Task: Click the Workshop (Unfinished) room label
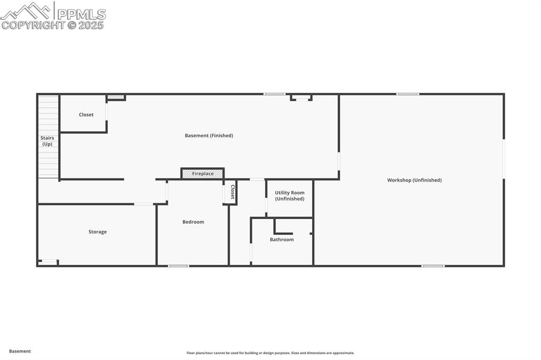click(x=414, y=180)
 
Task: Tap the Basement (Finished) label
click(x=209, y=136)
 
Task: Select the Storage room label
click(x=98, y=232)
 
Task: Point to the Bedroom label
click(x=193, y=222)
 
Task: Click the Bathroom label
click(x=282, y=240)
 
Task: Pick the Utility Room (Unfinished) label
click(x=290, y=196)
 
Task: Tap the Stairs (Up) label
click(x=48, y=141)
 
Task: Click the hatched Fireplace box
click(x=203, y=174)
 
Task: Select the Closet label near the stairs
click(x=86, y=115)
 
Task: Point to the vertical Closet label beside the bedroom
click(x=232, y=192)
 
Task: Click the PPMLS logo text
click(x=81, y=14)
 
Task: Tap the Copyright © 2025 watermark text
click(x=52, y=25)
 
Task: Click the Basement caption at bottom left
click(x=20, y=351)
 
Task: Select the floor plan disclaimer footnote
click(x=270, y=353)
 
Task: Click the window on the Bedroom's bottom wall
click(x=179, y=266)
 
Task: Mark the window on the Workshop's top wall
click(x=407, y=94)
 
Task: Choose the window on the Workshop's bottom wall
click(x=433, y=266)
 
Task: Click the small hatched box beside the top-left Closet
click(x=116, y=97)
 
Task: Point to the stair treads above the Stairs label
click(x=48, y=113)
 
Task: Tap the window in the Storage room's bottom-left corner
click(x=49, y=261)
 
